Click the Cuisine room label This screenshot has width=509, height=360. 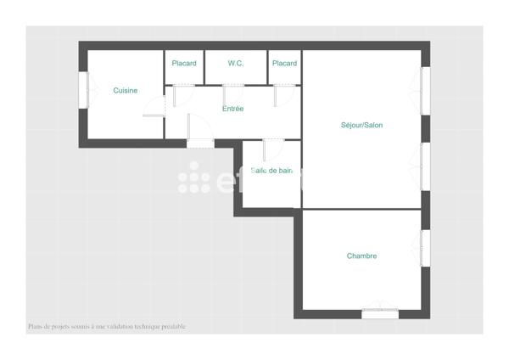(126, 91)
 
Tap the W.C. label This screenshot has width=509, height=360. (236, 64)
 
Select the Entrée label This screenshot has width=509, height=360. (232, 109)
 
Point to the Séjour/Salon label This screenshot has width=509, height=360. (361, 126)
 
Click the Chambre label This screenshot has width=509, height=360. (361, 256)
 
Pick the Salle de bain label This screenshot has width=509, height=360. (271, 171)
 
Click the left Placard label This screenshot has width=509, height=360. (184, 64)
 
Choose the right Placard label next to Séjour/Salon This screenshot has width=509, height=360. (284, 64)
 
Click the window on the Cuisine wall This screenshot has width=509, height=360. (83, 88)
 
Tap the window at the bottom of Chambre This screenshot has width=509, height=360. (380, 313)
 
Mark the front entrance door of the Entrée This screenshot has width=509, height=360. (199, 142)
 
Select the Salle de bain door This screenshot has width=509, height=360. (266, 149)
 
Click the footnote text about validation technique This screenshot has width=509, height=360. (106, 327)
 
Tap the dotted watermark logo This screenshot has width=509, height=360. (194, 177)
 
